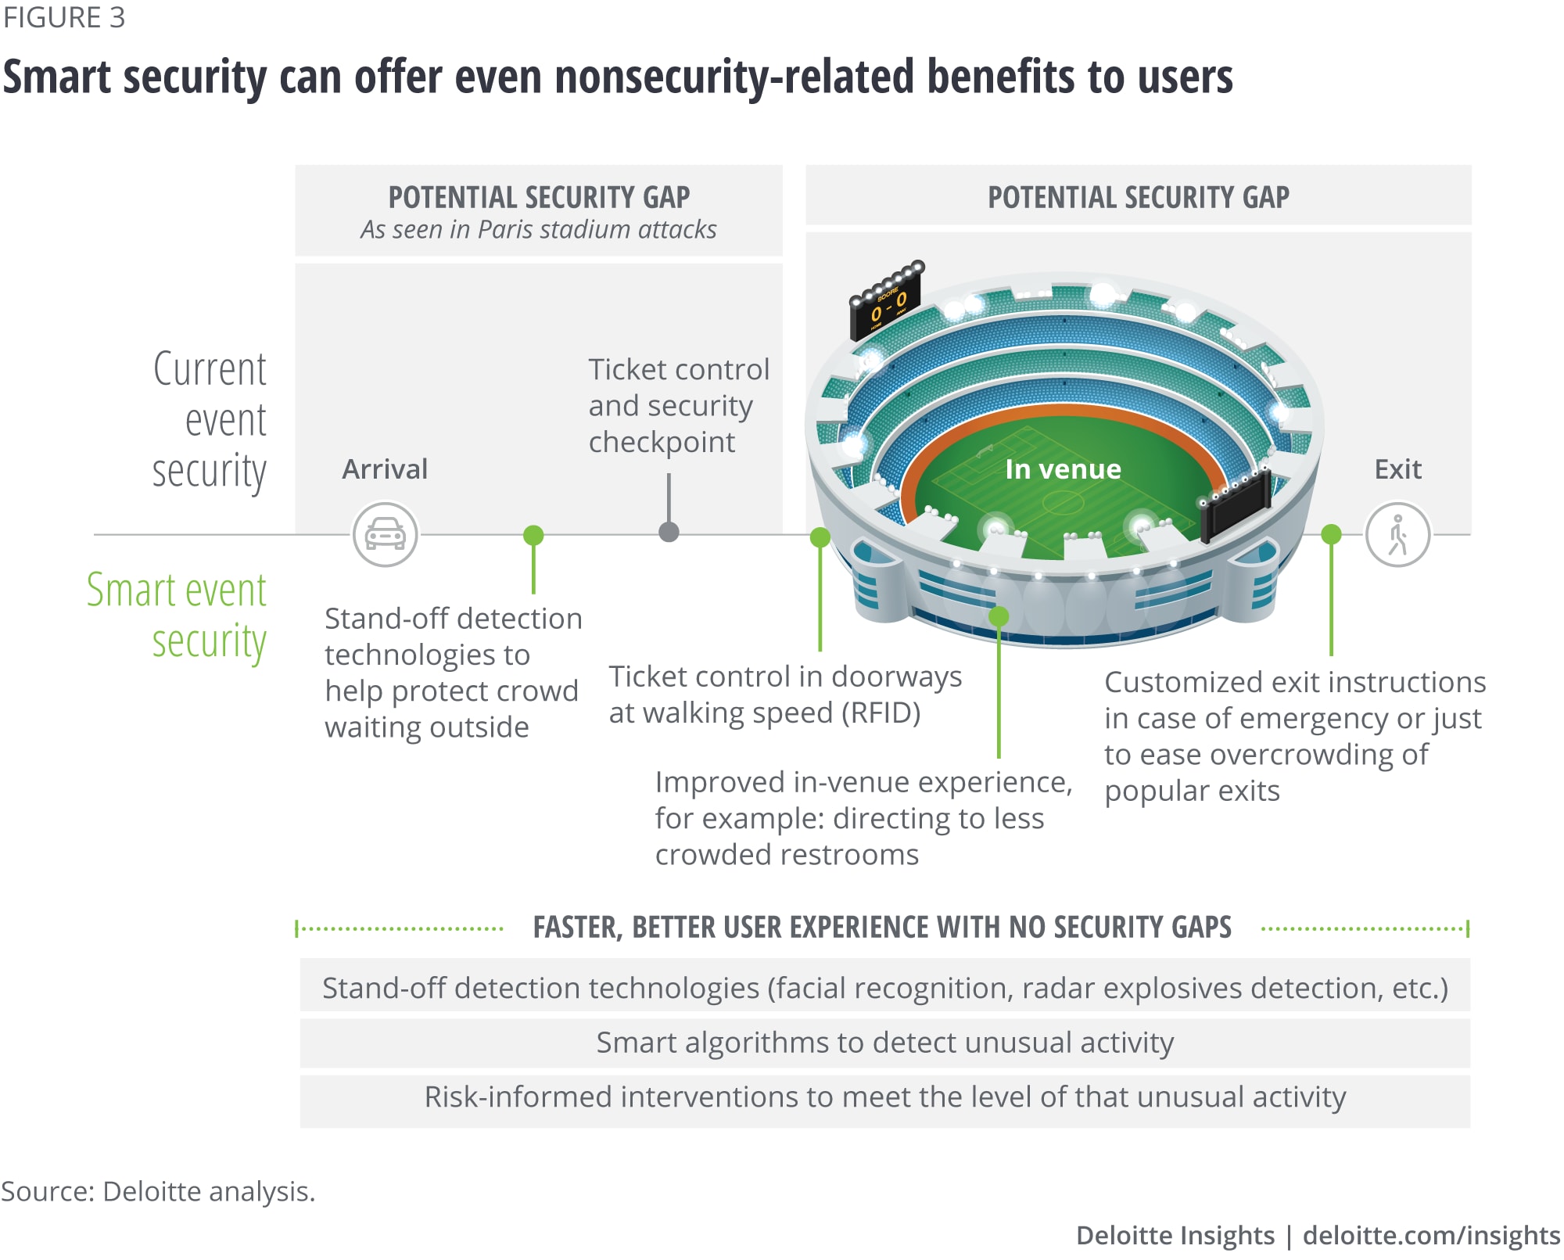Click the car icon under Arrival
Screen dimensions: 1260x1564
point(385,535)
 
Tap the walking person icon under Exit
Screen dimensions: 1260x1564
point(1397,535)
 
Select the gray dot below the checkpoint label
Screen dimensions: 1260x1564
point(669,533)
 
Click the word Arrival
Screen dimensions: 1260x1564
point(385,469)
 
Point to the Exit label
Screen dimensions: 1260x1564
point(1397,469)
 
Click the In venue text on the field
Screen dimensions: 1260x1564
point(1063,469)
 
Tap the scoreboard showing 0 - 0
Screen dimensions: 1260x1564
point(887,303)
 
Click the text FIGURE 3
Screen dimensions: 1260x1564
point(64,18)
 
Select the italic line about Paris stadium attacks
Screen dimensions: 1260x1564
point(538,230)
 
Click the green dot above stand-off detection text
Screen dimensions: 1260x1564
point(533,535)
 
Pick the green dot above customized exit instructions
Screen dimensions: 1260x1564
point(1331,535)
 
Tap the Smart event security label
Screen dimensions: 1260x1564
point(178,616)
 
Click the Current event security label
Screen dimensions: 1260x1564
point(210,420)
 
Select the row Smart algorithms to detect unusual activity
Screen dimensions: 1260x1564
point(884,1043)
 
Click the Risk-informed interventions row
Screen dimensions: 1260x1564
point(884,1097)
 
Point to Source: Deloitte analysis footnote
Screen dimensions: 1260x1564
point(158,1191)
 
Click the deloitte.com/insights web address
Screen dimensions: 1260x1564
point(1431,1236)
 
